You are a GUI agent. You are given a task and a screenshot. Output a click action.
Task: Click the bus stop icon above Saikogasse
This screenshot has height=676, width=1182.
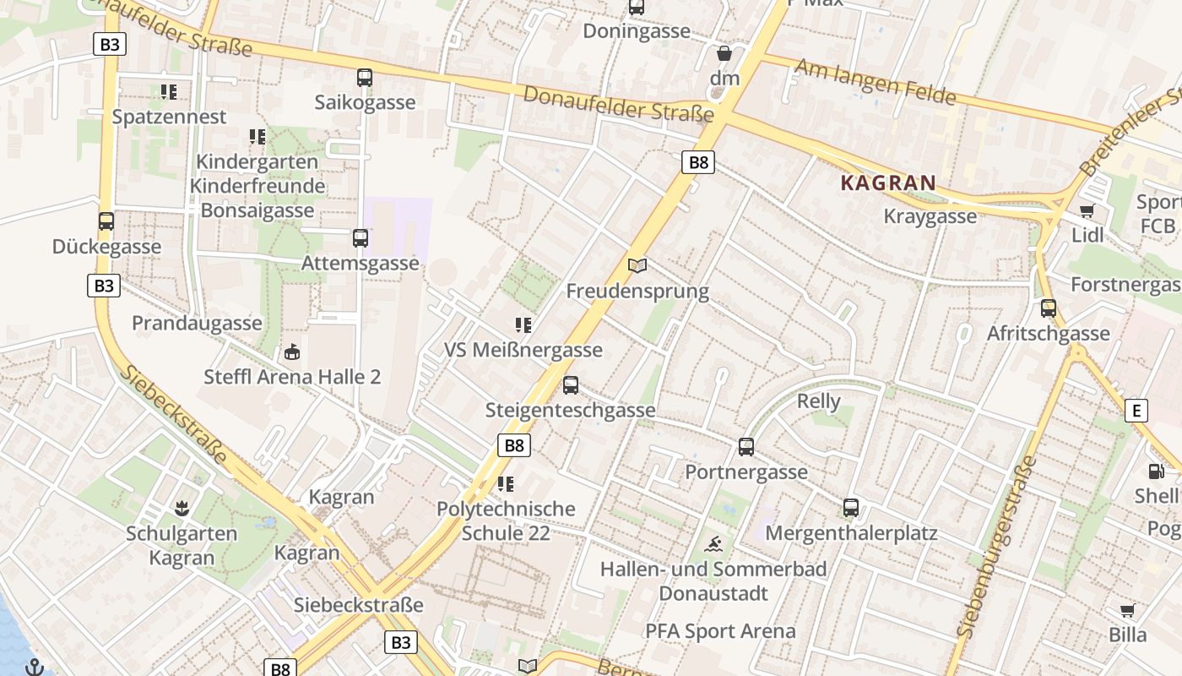(365, 78)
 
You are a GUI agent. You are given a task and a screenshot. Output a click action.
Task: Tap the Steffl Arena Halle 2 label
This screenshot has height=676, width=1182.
(292, 377)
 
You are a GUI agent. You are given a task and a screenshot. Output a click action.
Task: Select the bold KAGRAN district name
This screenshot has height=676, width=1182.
(888, 183)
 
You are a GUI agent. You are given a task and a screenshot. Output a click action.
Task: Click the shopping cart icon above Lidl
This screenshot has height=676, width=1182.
(1087, 210)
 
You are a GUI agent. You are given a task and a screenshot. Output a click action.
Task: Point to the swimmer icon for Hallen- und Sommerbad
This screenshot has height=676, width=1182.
(713, 543)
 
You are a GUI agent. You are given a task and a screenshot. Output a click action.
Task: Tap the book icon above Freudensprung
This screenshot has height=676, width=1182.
(637, 266)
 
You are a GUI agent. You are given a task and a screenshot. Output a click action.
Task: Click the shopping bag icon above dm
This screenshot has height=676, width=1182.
(724, 53)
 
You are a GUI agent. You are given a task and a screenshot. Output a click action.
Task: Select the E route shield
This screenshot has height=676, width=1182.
(1136, 412)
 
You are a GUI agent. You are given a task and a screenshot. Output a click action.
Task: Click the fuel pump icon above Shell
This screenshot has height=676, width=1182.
(1155, 472)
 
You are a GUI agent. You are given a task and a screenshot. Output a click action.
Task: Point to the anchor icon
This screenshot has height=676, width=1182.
(35, 667)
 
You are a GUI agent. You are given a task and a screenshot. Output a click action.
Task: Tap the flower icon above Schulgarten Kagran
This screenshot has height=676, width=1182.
(181, 508)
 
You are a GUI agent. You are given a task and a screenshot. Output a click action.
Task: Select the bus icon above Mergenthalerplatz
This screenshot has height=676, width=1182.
(851, 508)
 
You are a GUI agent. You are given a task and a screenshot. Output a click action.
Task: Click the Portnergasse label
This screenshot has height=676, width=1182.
(746, 472)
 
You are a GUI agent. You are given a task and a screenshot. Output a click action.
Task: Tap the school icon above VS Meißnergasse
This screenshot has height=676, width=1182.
(523, 325)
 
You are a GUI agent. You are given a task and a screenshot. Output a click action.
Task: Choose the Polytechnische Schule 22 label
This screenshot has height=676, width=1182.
(506, 521)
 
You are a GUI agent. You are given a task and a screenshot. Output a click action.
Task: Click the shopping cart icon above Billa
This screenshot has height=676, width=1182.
(1127, 610)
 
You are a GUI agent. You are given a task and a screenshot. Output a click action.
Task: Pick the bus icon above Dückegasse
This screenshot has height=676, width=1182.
(106, 221)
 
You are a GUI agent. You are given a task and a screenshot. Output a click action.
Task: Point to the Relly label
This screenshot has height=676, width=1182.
(819, 401)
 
